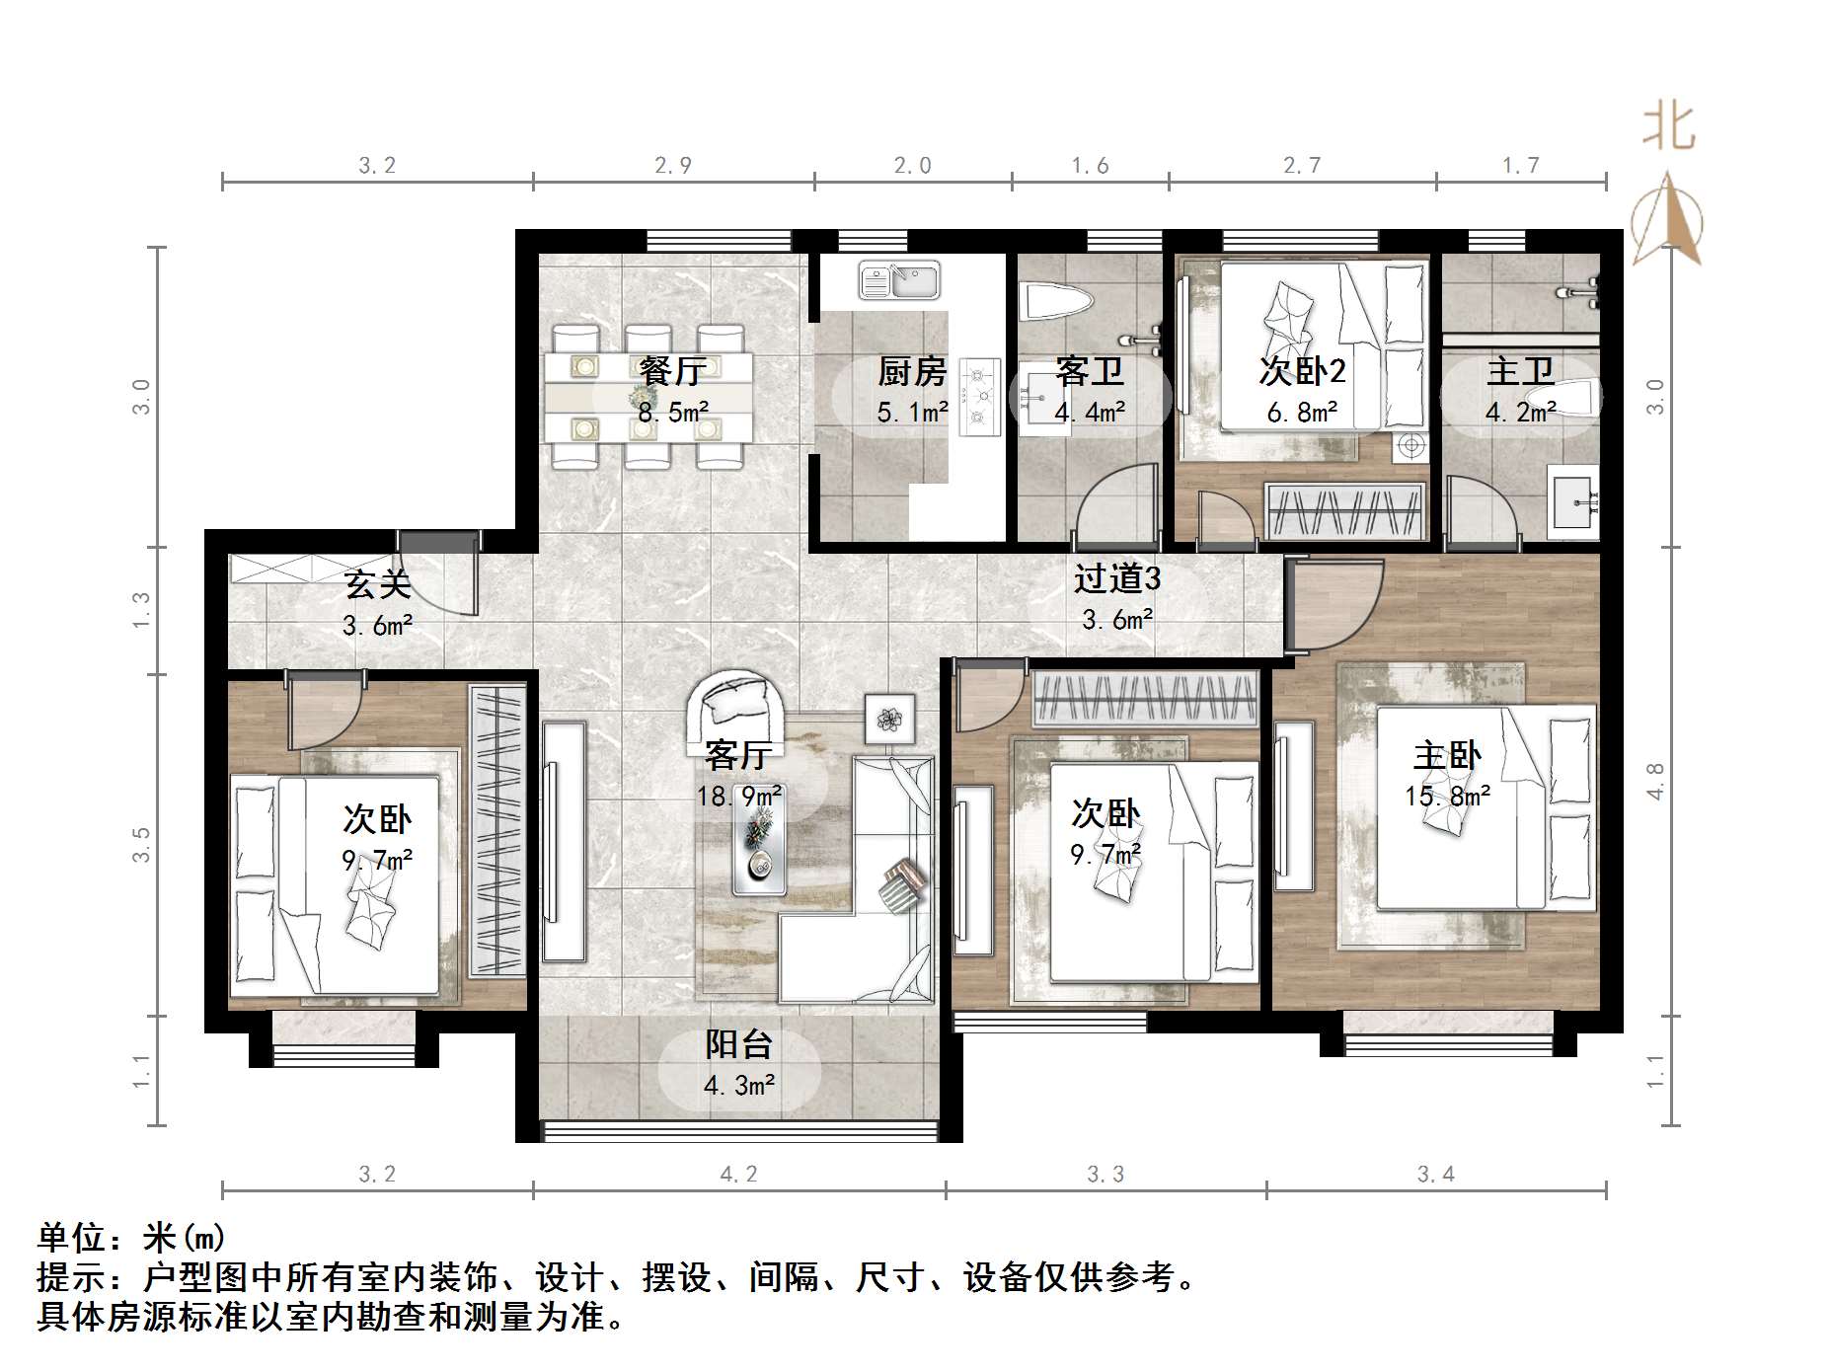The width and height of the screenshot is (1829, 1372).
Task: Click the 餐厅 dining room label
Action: click(671, 371)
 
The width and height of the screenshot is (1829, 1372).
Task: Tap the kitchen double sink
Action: click(898, 280)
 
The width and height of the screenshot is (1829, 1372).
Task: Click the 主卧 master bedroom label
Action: click(1446, 756)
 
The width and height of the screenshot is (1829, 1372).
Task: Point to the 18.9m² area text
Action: click(739, 796)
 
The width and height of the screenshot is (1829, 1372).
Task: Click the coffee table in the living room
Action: click(759, 842)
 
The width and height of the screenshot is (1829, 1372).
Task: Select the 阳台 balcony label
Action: click(738, 1045)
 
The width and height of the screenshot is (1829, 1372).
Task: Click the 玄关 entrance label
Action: click(377, 585)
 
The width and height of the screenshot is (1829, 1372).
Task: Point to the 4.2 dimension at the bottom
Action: click(738, 1175)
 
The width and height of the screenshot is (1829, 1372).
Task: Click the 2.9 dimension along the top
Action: click(673, 166)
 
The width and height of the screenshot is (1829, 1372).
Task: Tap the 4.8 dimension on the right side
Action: click(1655, 781)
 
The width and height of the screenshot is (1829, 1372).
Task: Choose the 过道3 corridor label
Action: click(1116, 578)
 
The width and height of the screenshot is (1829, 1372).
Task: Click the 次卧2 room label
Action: click(1302, 371)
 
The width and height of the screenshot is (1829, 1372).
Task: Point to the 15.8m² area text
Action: click(1447, 796)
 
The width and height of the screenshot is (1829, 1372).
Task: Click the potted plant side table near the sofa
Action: click(890, 719)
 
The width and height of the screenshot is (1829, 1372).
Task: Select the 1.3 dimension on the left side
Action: click(142, 610)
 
